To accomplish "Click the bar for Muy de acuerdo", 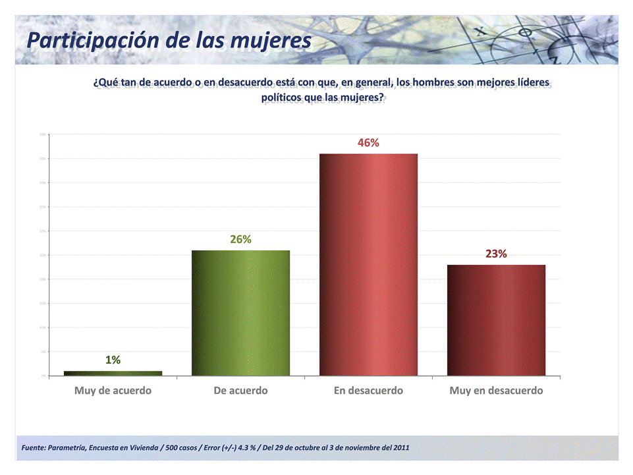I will [x=113, y=374].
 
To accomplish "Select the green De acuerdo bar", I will [x=240, y=313].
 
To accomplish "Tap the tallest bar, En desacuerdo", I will [x=368, y=264].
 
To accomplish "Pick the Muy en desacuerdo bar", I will [x=496, y=320].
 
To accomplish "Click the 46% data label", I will [x=368, y=142].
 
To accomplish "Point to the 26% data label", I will [x=240, y=239].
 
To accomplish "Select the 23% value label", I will [x=496, y=254].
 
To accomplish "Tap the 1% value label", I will [x=113, y=360].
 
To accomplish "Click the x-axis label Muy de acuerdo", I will [x=113, y=391].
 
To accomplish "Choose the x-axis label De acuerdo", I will [x=240, y=391].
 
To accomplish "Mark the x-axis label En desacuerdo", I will [x=368, y=391].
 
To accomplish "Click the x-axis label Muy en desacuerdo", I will [x=496, y=391].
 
